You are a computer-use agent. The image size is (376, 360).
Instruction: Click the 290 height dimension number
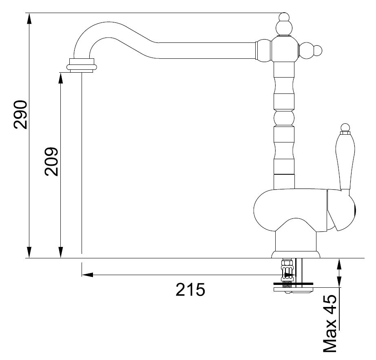(x=20, y=115)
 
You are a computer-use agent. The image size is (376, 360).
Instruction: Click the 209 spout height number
(x=51, y=162)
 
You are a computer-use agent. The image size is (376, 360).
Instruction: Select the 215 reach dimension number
(x=190, y=289)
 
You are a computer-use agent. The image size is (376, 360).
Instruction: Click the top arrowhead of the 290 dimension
(x=29, y=18)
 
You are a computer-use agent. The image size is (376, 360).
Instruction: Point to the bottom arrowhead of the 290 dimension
(x=29, y=252)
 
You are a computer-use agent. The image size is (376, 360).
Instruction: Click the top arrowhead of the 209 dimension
(x=61, y=78)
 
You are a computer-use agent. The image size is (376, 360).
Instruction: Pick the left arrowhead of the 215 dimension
(x=87, y=275)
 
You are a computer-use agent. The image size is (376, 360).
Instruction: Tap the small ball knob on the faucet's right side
(x=318, y=51)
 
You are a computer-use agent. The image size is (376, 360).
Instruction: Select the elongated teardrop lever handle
(x=345, y=161)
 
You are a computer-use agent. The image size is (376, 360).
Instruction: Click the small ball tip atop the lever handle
(x=345, y=128)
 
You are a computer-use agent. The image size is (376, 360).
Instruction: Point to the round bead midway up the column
(x=284, y=118)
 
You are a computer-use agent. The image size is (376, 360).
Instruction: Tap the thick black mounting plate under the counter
(x=293, y=284)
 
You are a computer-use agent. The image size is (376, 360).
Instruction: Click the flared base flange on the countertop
(x=296, y=255)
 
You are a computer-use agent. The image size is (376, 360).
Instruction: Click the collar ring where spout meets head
(x=257, y=51)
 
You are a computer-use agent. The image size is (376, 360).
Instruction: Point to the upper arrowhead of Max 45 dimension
(x=339, y=264)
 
